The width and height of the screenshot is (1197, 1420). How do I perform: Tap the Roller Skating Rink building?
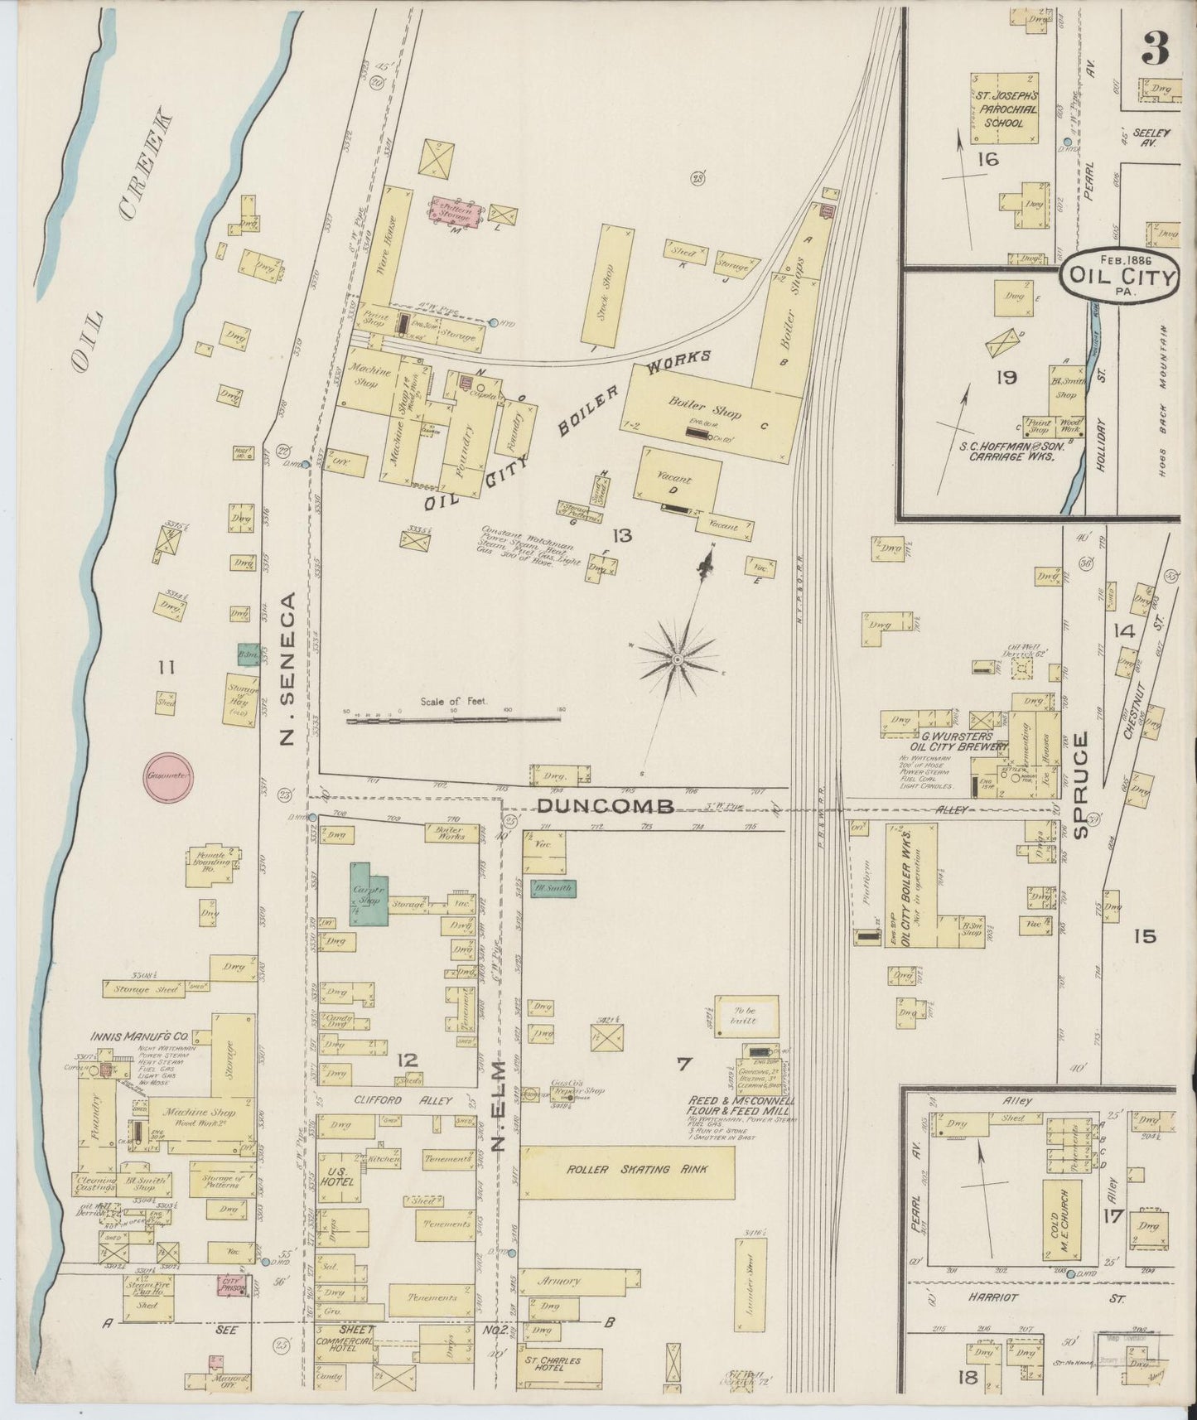click(627, 1171)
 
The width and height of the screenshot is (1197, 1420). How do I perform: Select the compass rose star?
click(678, 659)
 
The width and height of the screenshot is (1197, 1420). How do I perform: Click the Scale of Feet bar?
click(456, 720)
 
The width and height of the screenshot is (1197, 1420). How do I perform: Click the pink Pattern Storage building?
click(455, 213)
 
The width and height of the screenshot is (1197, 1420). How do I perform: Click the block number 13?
click(621, 536)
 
